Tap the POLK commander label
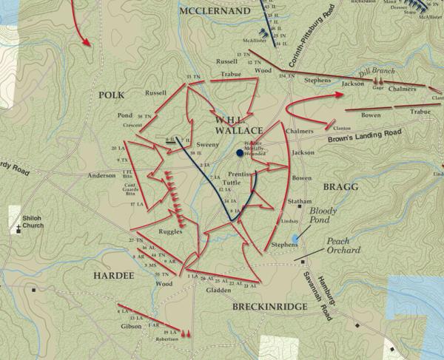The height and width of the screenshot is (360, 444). pyautogui.click(x=112, y=95)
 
